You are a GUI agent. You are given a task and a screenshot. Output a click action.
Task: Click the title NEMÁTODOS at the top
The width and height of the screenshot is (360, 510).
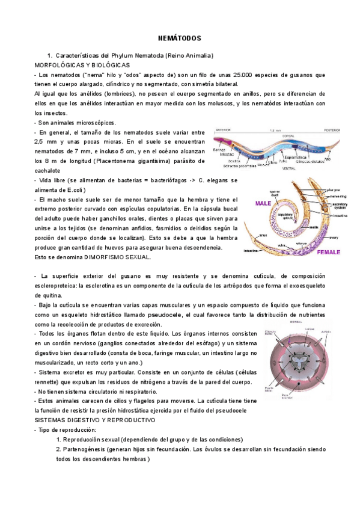tap(180, 37)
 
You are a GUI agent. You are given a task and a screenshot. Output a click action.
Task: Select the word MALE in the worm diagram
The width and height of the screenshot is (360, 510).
tap(263, 203)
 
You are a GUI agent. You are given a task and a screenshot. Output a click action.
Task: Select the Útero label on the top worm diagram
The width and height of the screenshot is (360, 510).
tap(272, 162)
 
